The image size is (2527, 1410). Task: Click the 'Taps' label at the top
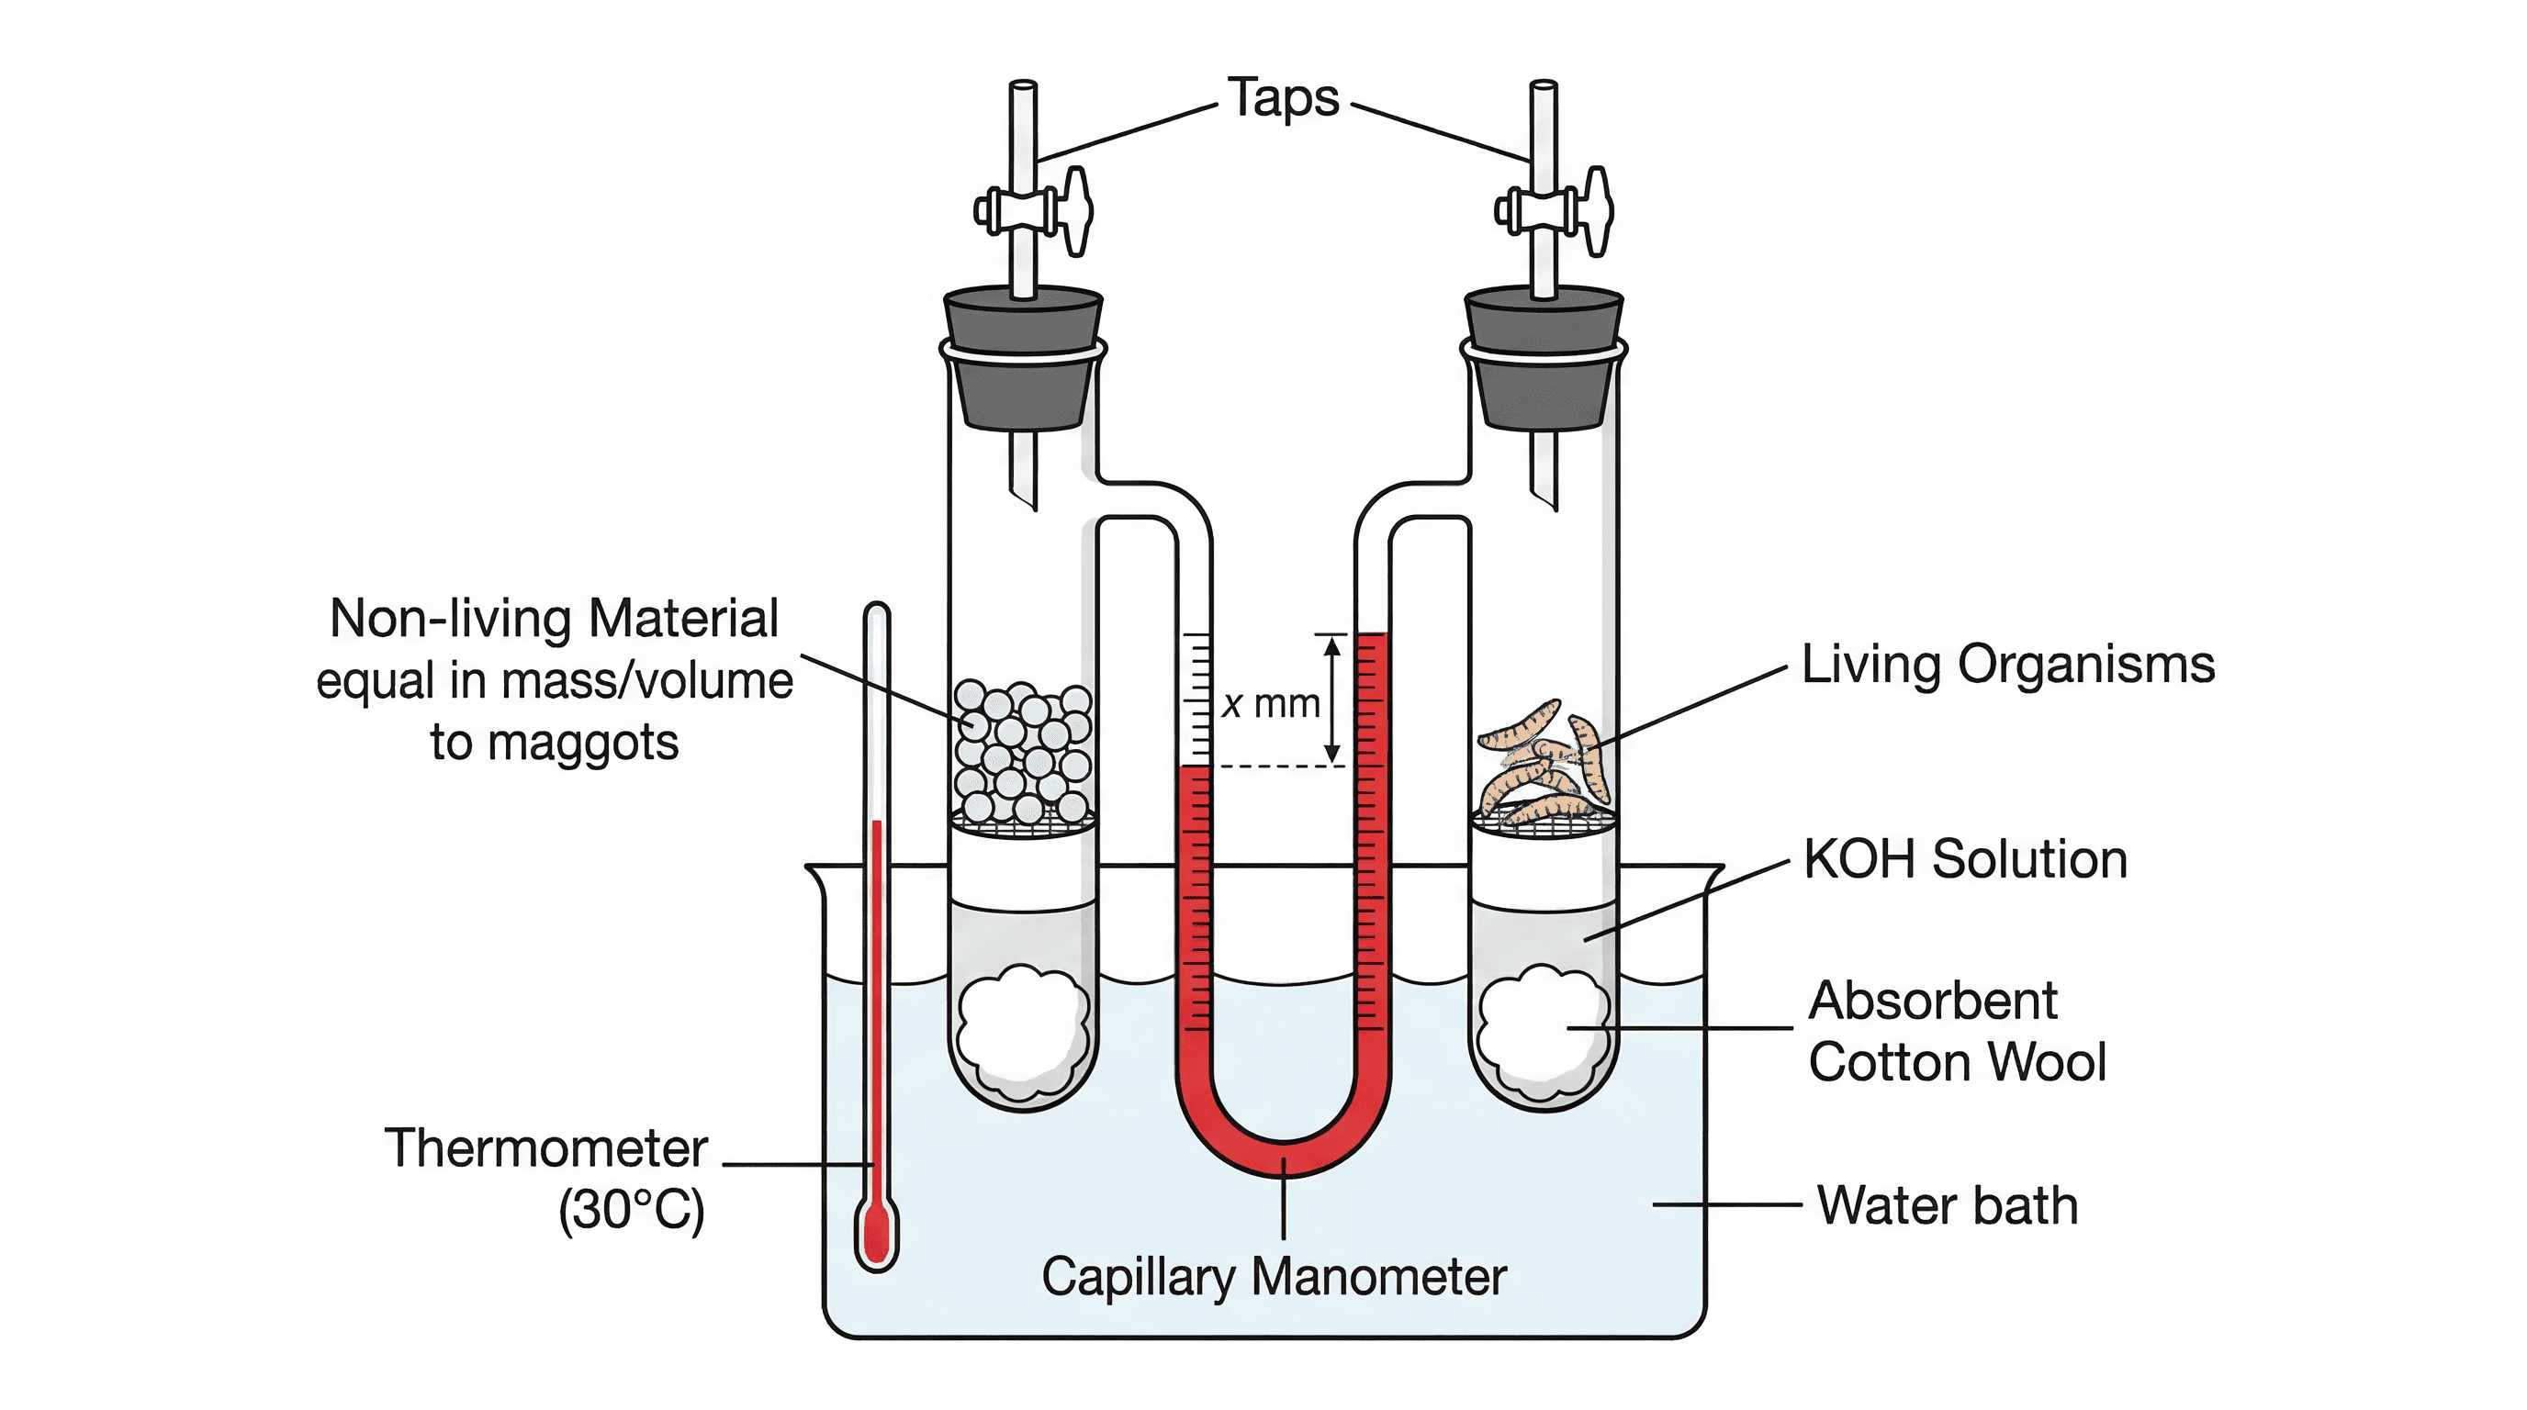[x=1283, y=99]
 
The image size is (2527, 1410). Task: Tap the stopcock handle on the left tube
[x=1076, y=211]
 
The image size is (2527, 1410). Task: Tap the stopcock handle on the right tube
[x=1597, y=211]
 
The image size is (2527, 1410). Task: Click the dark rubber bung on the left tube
[x=1023, y=358]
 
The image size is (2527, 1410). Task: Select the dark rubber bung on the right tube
[x=1544, y=358]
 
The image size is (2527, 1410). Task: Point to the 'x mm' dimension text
[x=1269, y=704]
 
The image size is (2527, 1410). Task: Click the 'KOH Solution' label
[x=1965, y=860]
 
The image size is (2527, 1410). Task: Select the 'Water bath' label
[x=1948, y=1205]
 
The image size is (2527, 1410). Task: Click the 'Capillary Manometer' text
[x=1274, y=1278]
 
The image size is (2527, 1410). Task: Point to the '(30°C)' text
[x=631, y=1210]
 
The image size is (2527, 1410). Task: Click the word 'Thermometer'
[x=545, y=1148]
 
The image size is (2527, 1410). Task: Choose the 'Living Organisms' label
[x=2008, y=665]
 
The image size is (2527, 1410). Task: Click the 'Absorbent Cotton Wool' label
[x=1956, y=1032]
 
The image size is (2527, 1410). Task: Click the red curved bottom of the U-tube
[x=1283, y=1157]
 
